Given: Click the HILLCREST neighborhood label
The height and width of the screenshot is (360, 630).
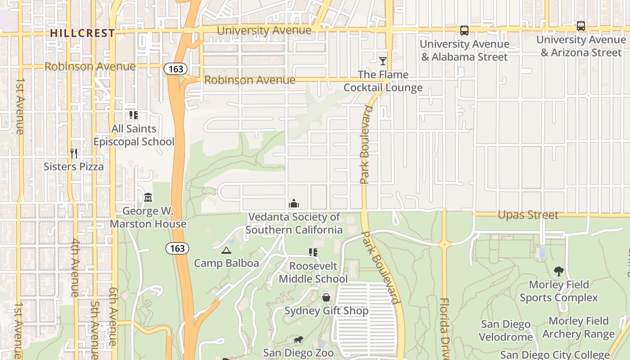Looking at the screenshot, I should pyautogui.click(x=82, y=33).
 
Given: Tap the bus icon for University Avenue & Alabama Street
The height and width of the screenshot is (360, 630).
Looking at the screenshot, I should pyautogui.click(x=464, y=31).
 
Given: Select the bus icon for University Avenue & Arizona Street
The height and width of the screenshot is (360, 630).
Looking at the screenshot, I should pyautogui.click(x=581, y=26).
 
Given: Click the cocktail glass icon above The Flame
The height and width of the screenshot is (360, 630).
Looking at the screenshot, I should pyautogui.click(x=383, y=61).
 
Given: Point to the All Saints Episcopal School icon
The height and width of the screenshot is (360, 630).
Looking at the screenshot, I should pyautogui.click(x=134, y=115).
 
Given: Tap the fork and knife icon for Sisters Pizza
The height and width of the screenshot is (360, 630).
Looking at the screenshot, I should pyautogui.click(x=74, y=153).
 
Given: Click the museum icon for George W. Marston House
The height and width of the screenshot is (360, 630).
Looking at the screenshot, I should pyautogui.click(x=148, y=198).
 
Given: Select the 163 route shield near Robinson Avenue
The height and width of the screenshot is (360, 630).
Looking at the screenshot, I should pyautogui.click(x=175, y=69).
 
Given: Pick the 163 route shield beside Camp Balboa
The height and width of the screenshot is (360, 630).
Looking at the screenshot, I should pyautogui.click(x=177, y=248).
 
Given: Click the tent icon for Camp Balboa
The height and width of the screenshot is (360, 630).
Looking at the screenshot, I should pyautogui.click(x=226, y=250).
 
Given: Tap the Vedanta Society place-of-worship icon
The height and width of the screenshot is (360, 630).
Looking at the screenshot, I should pyautogui.click(x=294, y=204).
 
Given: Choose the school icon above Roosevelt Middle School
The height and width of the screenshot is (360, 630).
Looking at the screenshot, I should pyautogui.click(x=313, y=252).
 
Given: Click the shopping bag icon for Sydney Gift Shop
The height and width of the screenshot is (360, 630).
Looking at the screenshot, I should pyautogui.click(x=326, y=297).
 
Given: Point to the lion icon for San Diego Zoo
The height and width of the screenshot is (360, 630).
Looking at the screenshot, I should pyautogui.click(x=298, y=340).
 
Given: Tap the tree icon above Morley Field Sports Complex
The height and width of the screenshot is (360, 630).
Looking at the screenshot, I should pyautogui.click(x=558, y=271).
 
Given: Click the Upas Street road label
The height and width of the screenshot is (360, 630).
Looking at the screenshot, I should pyautogui.click(x=528, y=215).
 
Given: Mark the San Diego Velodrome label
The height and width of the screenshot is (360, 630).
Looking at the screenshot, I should pyautogui.click(x=506, y=330).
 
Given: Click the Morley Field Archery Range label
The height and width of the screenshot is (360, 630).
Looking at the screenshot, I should pyautogui.click(x=578, y=328).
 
